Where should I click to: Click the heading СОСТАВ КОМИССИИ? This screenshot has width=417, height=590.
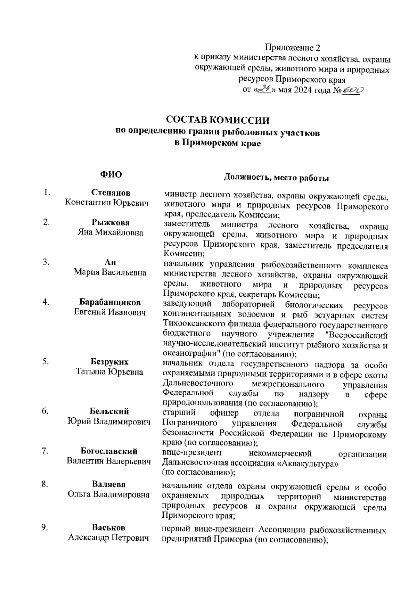point(218,120)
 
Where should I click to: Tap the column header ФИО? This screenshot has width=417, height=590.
point(111,174)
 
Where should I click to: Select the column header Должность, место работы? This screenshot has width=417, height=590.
point(276,178)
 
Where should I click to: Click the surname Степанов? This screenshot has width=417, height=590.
point(111,192)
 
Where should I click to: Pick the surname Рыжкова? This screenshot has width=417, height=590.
point(111,222)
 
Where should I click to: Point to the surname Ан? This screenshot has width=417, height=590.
point(111,262)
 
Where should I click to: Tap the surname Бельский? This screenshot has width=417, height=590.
point(109,411)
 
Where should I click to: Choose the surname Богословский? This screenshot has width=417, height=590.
point(109,451)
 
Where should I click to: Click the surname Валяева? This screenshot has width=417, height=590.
point(109,484)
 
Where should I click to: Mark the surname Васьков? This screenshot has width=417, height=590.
point(109,527)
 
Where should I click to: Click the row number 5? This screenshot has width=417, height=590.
point(46,362)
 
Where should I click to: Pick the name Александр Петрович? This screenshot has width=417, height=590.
point(108,538)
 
